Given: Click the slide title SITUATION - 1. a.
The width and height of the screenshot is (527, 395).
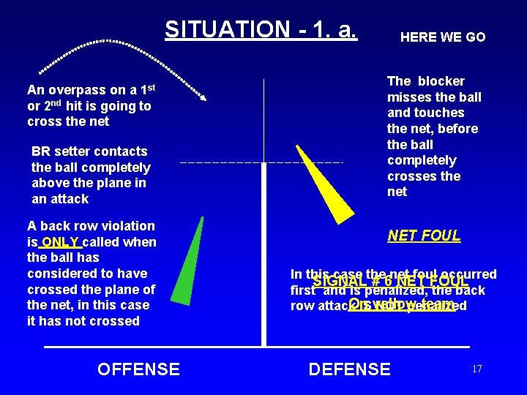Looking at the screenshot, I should tap(261, 29).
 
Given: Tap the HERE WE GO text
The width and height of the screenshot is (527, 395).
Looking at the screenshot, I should tap(442, 37).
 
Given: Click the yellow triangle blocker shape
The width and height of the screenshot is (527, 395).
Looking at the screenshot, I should tap(323, 187).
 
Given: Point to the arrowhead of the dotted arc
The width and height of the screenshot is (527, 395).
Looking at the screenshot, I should tap(205, 97).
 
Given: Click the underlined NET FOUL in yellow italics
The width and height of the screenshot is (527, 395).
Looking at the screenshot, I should tap(424, 236).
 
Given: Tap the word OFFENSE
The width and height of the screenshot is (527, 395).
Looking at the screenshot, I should tap(138, 369).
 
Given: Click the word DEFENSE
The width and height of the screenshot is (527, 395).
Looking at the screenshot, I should tap(349, 369).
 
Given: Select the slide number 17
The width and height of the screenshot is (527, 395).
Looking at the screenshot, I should tap(476, 369).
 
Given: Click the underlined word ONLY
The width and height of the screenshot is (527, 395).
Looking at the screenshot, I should tap(61, 242).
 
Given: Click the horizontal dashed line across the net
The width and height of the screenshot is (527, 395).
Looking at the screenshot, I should tap(261, 161).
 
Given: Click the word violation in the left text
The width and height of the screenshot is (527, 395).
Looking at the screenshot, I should tap(126, 226).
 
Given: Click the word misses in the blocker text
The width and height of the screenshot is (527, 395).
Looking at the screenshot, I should tap(411, 97).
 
